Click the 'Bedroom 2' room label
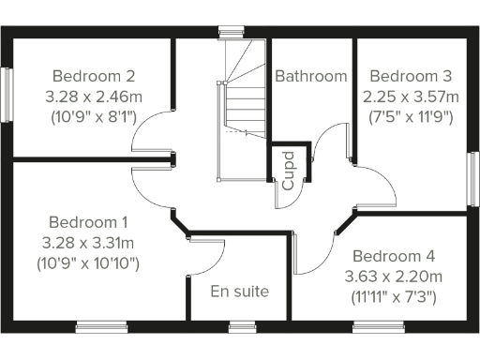coord(95,76)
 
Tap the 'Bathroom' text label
coord(310,76)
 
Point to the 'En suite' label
coord(239,292)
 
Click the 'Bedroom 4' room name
coord(394,256)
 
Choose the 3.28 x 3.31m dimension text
coord(90,244)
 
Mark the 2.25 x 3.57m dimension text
coord(411,97)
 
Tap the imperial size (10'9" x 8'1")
coord(95,117)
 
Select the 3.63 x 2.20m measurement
coord(394,277)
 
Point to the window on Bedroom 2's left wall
coord(7,94)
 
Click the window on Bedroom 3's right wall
coord(473,178)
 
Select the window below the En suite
coord(242,327)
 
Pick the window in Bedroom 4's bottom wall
coord(380,327)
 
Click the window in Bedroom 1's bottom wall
coord(101,327)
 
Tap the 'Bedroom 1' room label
coord(88,223)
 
